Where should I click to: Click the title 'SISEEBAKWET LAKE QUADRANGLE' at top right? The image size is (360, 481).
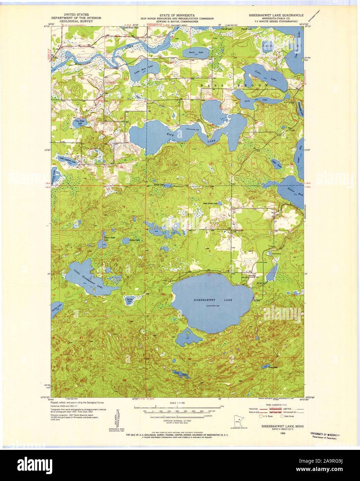pyautogui.click(x=276, y=15)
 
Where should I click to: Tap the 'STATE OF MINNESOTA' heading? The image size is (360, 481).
pyautogui.click(x=177, y=15)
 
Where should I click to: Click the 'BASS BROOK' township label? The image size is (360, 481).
pyautogui.click(x=235, y=85)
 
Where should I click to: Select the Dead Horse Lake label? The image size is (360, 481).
pyautogui.click(x=211, y=203)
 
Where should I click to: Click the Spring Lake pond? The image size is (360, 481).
pyautogui.click(x=129, y=300)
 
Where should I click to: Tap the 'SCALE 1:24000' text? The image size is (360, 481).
pyautogui.click(x=177, y=403)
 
